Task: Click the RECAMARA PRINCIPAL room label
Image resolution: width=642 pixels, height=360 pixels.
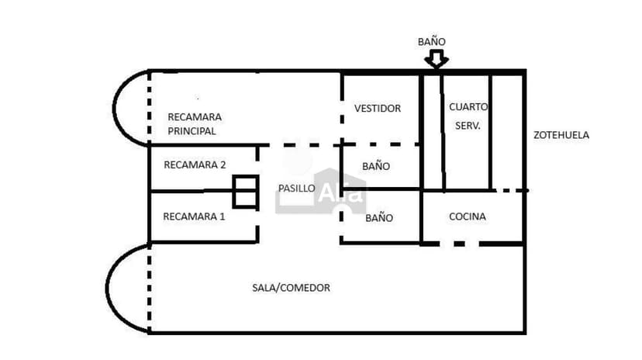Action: click(195, 124)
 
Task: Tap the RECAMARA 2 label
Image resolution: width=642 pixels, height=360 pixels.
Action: click(195, 164)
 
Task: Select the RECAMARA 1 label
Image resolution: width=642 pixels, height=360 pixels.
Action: click(194, 216)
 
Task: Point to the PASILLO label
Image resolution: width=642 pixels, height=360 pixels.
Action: click(296, 189)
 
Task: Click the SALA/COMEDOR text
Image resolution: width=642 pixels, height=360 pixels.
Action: click(291, 288)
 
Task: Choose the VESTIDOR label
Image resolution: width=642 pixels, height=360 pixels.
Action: click(378, 108)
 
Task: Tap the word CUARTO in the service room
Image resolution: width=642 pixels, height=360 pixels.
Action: click(468, 106)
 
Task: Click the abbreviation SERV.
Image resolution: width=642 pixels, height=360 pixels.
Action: click(468, 124)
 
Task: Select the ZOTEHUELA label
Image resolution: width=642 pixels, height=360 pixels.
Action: click(561, 135)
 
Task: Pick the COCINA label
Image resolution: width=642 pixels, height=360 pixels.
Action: click(468, 216)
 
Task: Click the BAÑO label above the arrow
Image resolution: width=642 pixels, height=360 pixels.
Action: click(431, 42)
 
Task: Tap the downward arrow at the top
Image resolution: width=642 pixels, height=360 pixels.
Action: click(437, 59)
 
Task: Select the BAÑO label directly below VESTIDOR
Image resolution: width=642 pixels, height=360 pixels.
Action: click(376, 166)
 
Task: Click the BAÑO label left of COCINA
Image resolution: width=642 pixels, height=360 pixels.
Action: click(379, 218)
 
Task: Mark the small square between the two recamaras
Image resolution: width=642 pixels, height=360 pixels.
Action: click(245, 192)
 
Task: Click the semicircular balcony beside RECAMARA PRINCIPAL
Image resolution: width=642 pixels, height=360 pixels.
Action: click(130, 108)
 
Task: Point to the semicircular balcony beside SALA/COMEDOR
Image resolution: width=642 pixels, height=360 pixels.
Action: click(126, 288)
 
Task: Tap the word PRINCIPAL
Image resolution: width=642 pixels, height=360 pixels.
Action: click(192, 131)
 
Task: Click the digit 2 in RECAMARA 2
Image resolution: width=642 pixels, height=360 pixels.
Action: click(223, 164)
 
